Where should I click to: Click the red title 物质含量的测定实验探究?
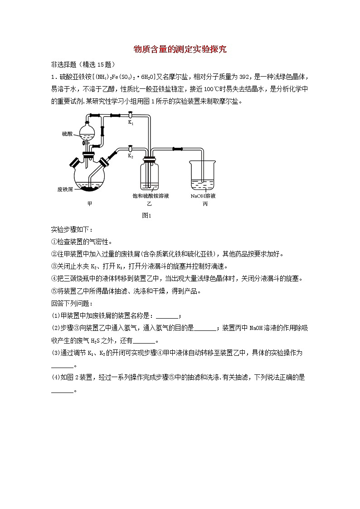pos(180,49)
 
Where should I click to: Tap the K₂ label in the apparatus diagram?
pos(131,155)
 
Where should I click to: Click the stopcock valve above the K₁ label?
pos(131,115)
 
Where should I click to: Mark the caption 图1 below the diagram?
pos(146,216)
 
